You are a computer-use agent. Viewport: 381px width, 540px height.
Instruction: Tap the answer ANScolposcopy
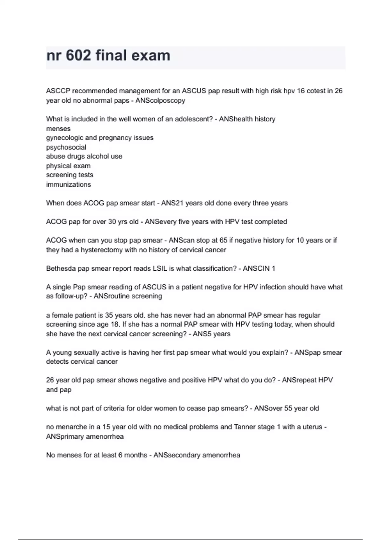coord(160,100)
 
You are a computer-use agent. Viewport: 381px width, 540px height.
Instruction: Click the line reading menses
coord(58,129)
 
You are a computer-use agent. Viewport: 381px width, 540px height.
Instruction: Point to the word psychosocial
coord(66,147)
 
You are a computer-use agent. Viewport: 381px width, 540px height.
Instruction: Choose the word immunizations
coord(69,184)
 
